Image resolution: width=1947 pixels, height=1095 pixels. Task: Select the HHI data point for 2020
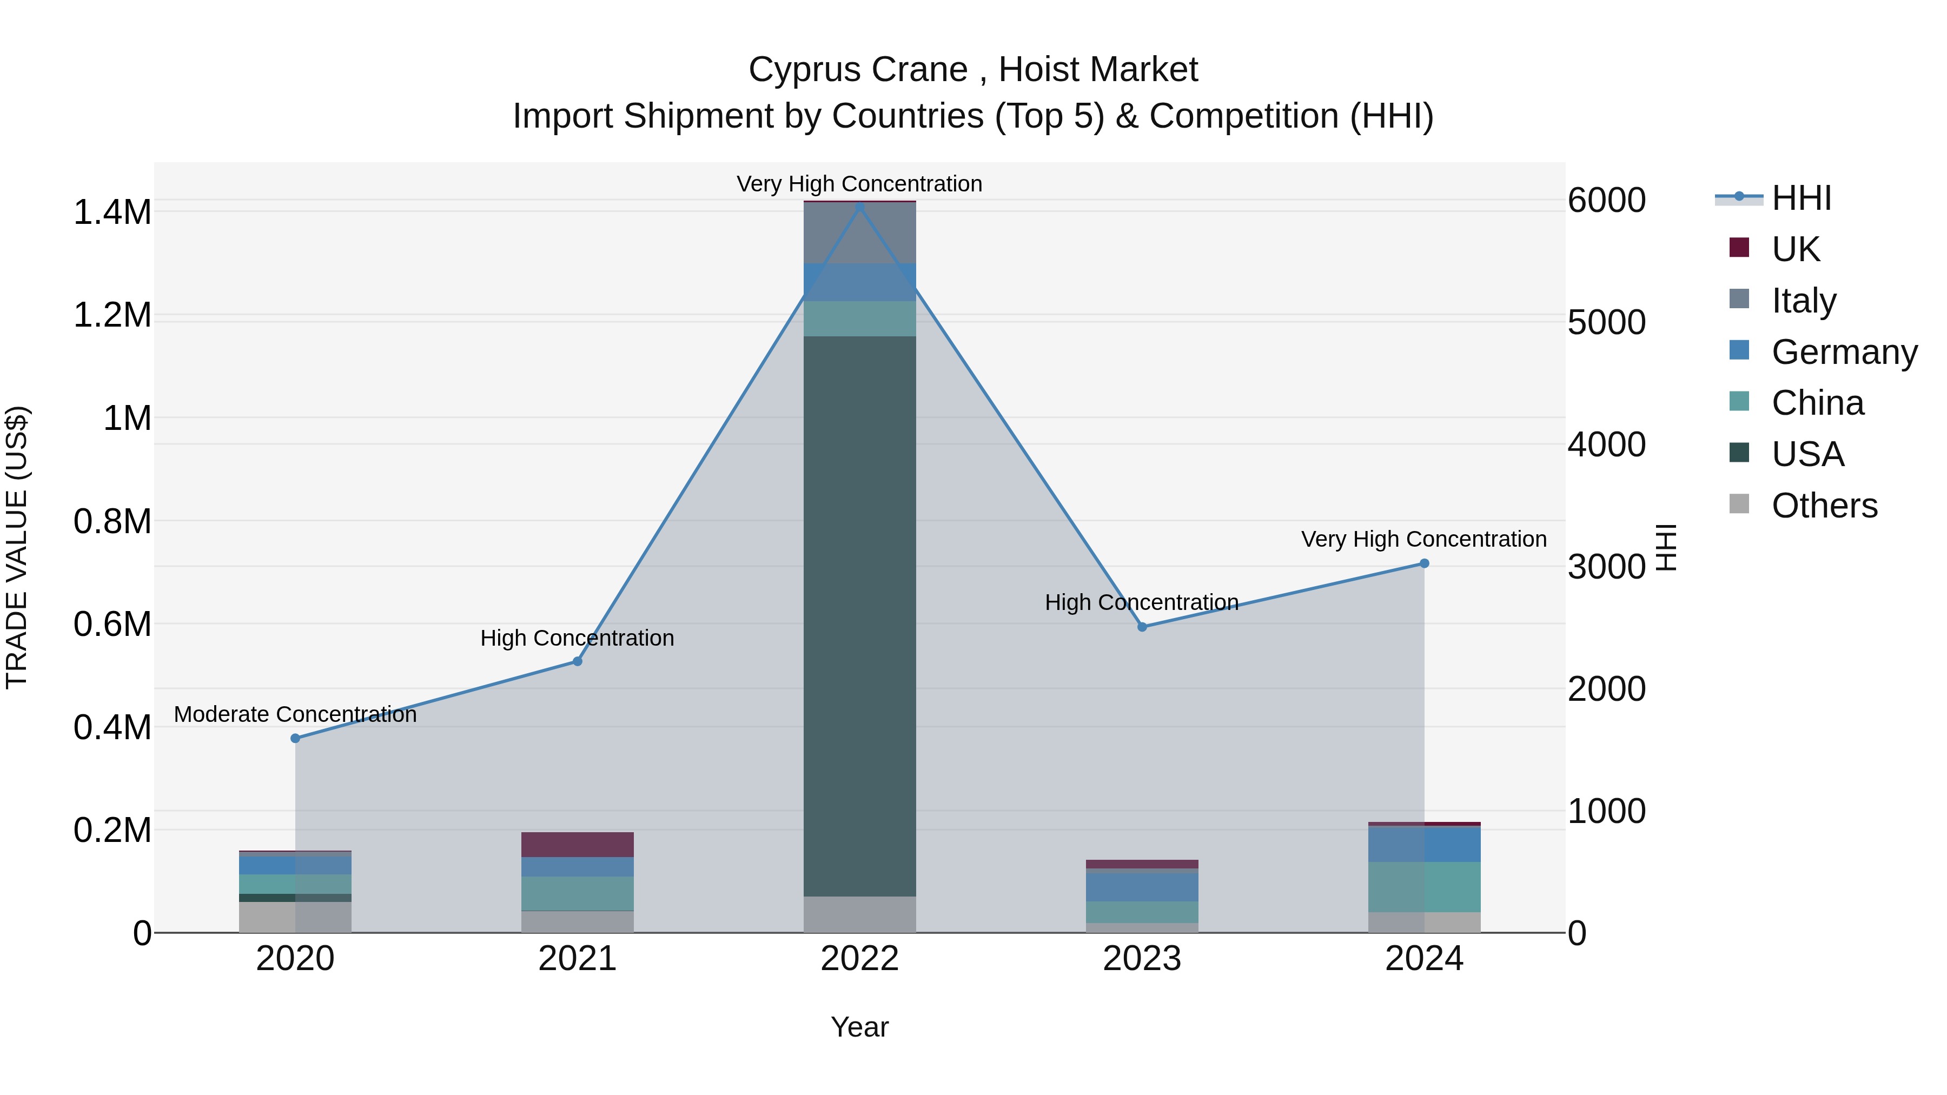pyautogui.click(x=295, y=738)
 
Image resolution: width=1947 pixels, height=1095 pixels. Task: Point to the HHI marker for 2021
pyautogui.click(x=578, y=661)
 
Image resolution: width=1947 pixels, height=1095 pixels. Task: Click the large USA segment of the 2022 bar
pyautogui.click(x=859, y=616)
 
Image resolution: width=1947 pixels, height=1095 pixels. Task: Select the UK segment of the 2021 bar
pyautogui.click(x=578, y=844)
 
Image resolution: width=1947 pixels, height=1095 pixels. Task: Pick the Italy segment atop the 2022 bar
pyautogui.click(x=859, y=233)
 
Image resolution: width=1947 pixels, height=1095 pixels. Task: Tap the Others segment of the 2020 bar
pyautogui.click(x=295, y=917)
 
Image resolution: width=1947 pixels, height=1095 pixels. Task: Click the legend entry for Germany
pyautogui.click(x=1844, y=352)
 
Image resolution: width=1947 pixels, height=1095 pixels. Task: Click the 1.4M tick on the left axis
pyautogui.click(x=112, y=213)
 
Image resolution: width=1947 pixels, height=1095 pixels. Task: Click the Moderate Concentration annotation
pyautogui.click(x=295, y=714)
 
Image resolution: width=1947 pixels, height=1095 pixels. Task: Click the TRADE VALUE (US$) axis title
pyautogui.click(x=17, y=547)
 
